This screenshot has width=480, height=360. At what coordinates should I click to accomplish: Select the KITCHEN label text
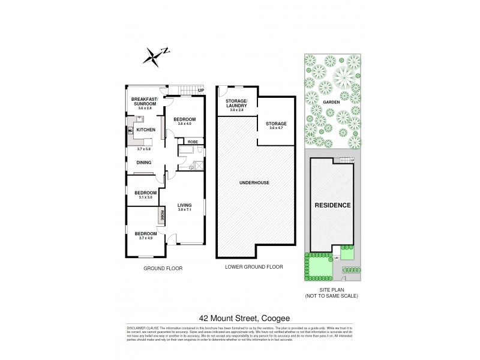[146, 130]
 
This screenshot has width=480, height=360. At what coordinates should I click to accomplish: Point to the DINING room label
[143, 162]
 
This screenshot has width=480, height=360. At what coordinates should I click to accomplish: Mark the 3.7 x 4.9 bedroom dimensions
[145, 238]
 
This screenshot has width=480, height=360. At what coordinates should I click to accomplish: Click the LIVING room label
[184, 205]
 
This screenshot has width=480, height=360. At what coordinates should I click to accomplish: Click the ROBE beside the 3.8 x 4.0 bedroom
[193, 142]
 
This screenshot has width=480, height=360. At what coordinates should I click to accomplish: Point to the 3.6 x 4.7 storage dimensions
[278, 128]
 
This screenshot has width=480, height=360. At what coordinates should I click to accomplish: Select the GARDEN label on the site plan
[331, 102]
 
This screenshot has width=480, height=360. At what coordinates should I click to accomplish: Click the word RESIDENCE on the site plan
[332, 205]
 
